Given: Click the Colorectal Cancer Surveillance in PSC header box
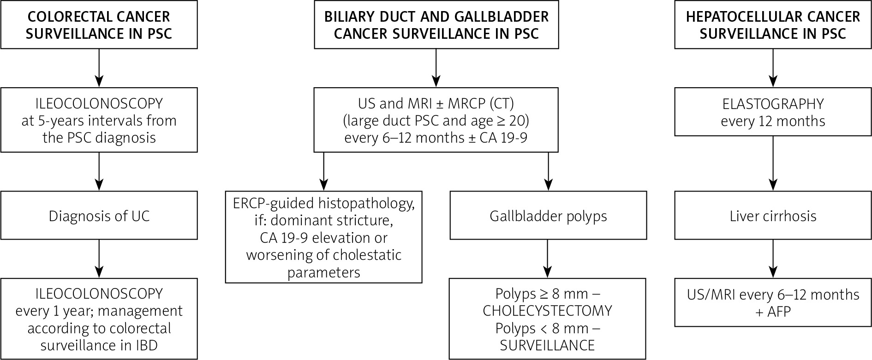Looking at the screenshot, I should (x=99, y=25).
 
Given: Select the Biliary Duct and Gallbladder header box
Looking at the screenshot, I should (x=436, y=25).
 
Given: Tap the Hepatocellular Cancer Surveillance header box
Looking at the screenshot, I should (x=773, y=25).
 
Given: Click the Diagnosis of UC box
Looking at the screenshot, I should (x=99, y=216).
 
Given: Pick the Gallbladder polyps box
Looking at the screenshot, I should (x=548, y=216).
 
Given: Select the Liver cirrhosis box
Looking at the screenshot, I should (x=773, y=216).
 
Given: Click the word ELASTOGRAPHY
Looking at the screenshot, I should (x=773, y=104).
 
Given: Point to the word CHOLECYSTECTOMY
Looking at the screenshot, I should (x=547, y=311).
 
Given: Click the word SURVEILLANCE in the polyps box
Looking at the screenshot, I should (x=547, y=345).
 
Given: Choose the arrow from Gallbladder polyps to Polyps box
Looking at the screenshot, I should (x=548, y=258).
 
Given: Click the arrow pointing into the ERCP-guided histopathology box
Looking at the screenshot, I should (x=323, y=172).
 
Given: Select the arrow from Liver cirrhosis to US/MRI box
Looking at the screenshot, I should (x=773, y=258).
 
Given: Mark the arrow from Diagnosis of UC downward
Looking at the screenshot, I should (x=99, y=258).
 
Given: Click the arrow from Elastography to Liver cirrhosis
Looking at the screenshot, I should (x=773, y=163).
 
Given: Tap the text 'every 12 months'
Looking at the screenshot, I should (x=773, y=121).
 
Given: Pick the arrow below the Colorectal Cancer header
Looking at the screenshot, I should (x=99, y=68).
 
